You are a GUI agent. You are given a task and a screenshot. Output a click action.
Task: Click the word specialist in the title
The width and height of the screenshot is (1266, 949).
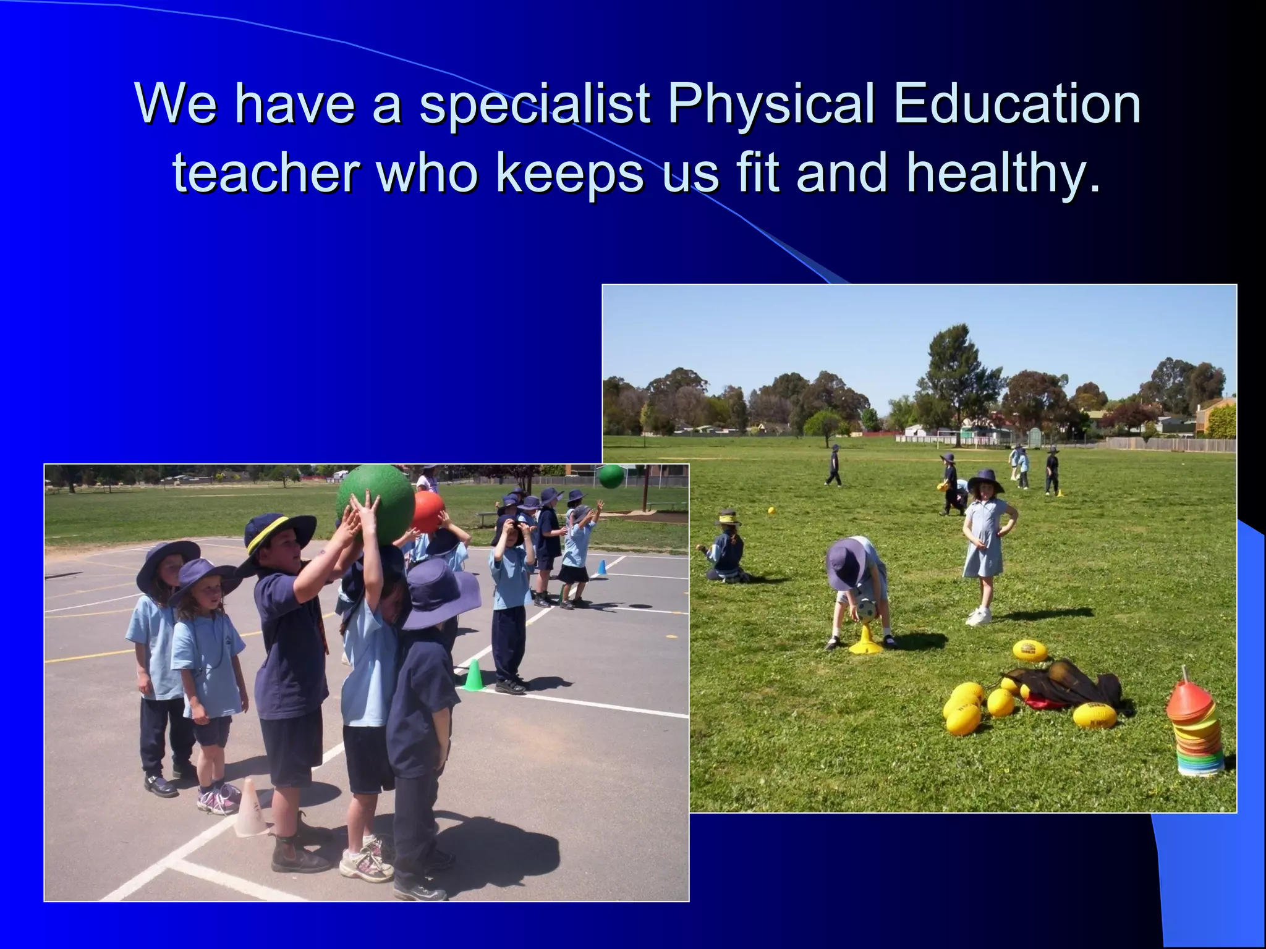pyautogui.click(x=535, y=104)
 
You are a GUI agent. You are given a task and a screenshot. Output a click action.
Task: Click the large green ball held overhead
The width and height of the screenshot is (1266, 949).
pyautogui.click(x=375, y=503)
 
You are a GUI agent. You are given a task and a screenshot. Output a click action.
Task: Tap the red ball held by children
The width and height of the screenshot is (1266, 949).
pyautogui.click(x=428, y=512)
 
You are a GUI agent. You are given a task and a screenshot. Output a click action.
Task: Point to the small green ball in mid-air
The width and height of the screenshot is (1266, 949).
pyautogui.click(x=611, y=476)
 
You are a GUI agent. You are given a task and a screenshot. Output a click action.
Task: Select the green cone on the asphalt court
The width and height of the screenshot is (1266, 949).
pyautogui.click(x=474, y=675)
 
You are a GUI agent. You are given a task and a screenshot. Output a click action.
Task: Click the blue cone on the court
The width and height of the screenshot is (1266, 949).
pyautogui.click(x=601, y=568)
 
